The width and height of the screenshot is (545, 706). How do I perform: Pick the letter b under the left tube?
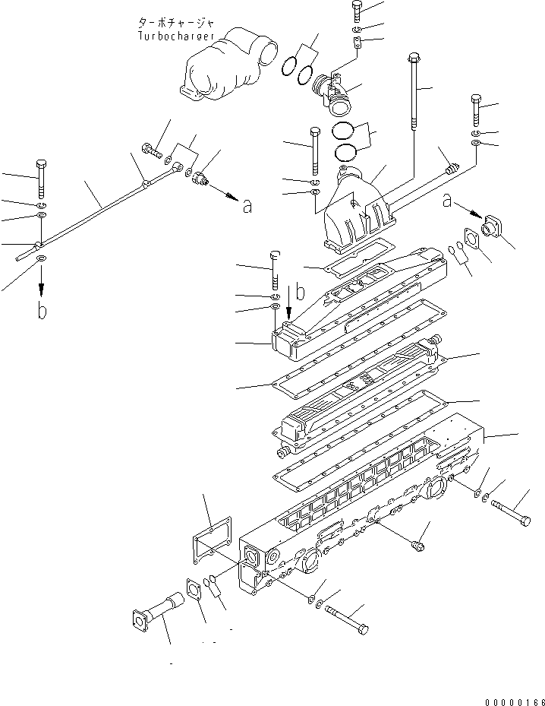tap(42, 311)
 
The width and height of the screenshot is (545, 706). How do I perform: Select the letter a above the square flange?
tap(449, 200)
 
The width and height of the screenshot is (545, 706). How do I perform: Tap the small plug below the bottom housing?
tap(415, 544)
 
